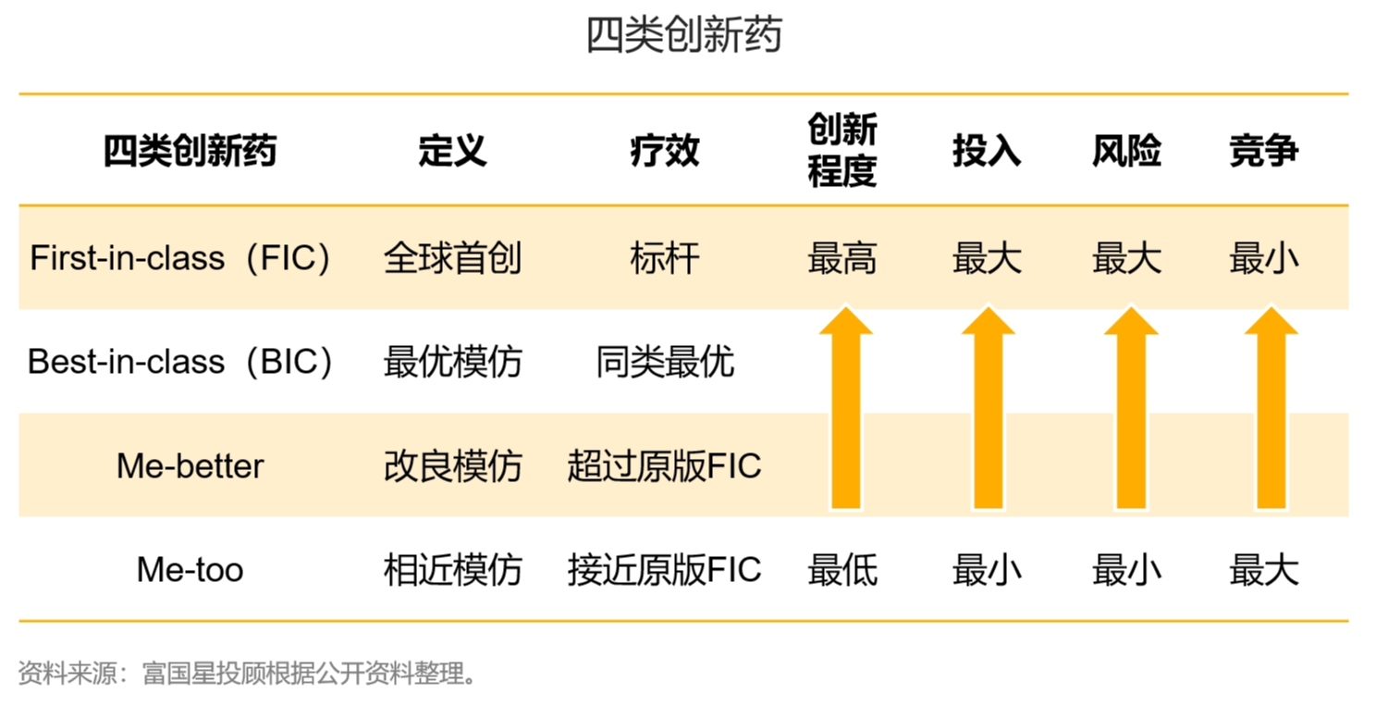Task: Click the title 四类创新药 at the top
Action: (x=684, y=35)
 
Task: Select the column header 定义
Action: (x=452, y=151)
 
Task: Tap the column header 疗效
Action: (x=664, y=151)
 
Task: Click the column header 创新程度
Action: (x=842, y=149)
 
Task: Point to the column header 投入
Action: (x=987, y=151)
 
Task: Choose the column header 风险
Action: (x=1126, y=151)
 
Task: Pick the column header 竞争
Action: (x=1264, y=151)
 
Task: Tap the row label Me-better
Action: (x=190, y=465)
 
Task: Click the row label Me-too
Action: (x=190, y=569)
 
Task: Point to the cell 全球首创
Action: (x=452, y=258)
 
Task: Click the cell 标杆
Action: (x=664, y=258)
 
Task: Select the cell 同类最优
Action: (x=664, y=362)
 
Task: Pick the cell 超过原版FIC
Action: (x=664, y=465)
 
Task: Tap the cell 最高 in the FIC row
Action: (x=842, y=258)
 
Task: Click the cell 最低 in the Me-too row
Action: (x=842, y=569)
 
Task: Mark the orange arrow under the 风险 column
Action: (x=1131, y=407)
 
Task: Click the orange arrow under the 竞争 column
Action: (x=1271, y=407)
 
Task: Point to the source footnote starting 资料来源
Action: (x=248, y=673)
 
